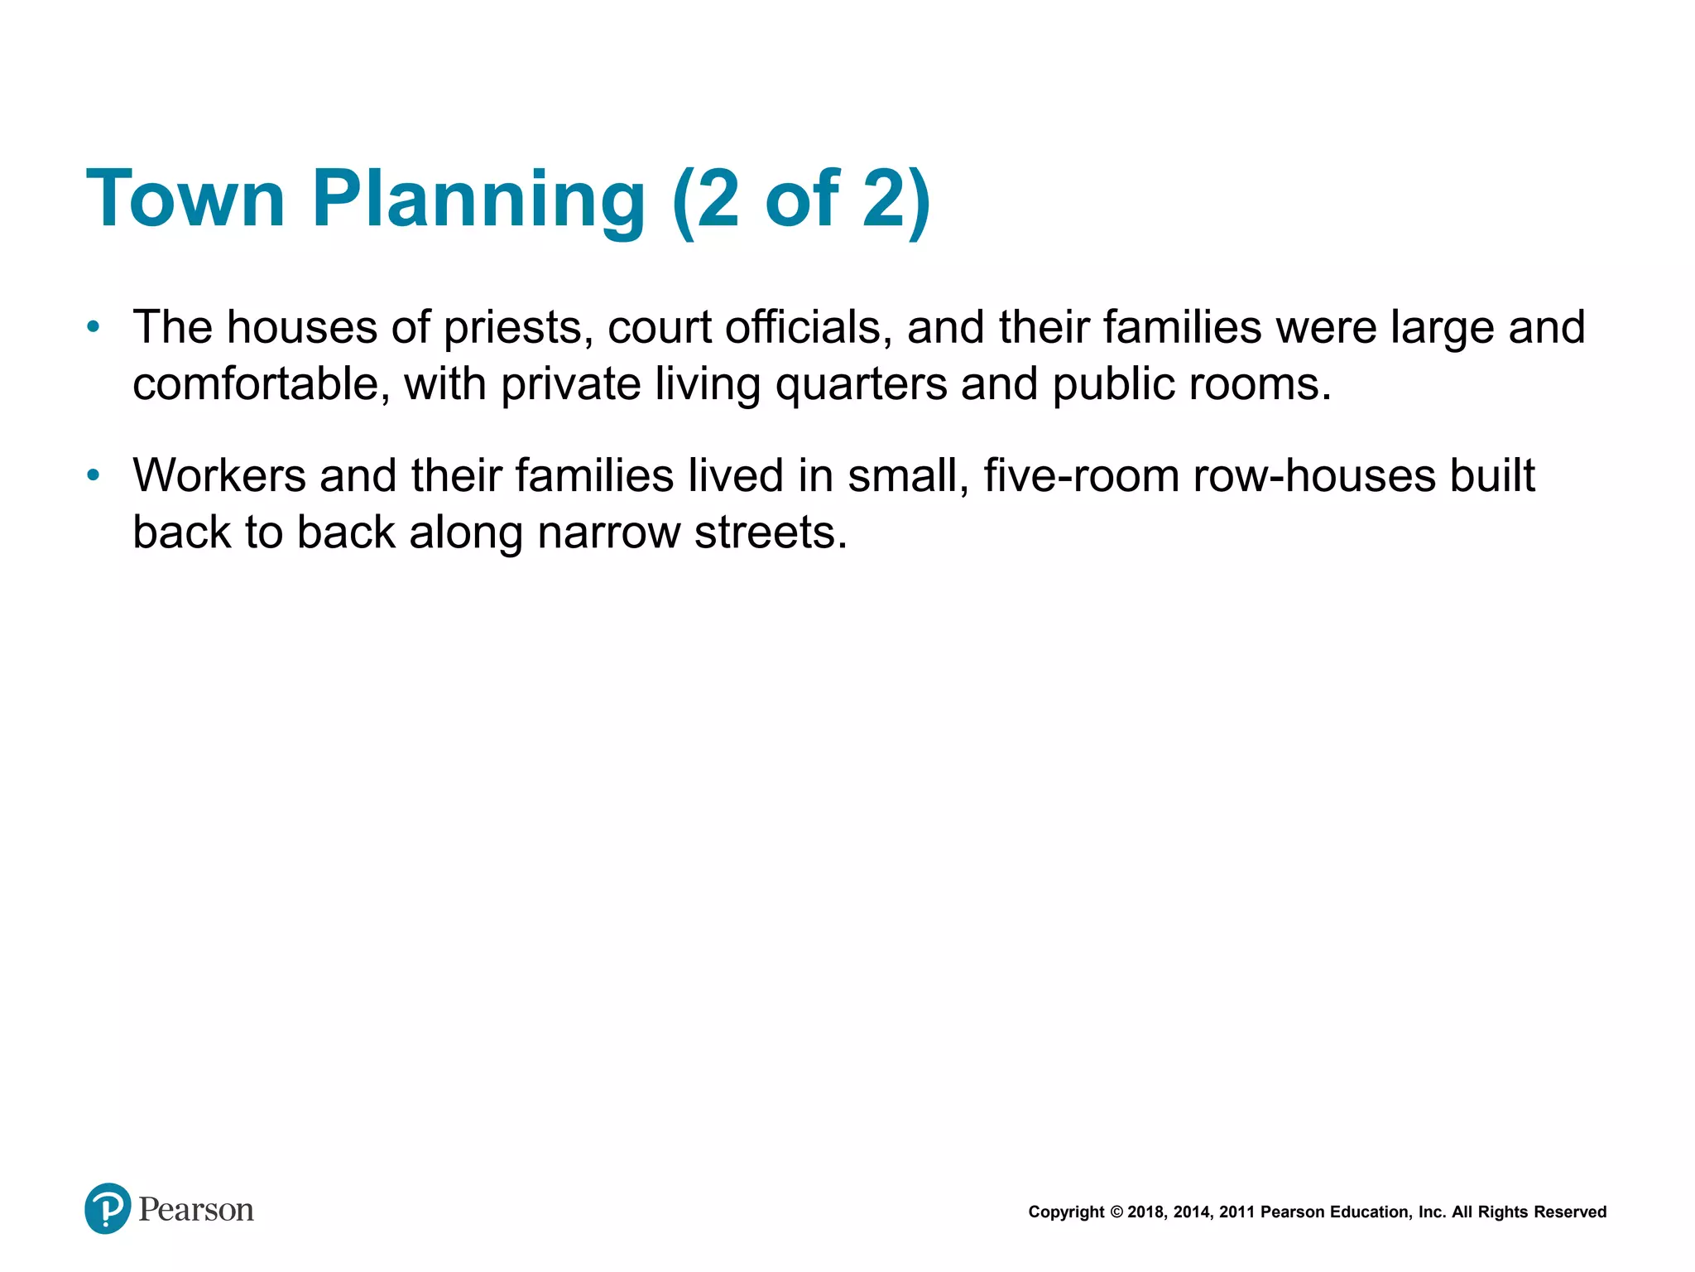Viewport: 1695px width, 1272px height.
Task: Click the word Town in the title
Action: point(185,199)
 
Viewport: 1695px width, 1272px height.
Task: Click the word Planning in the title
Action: point(478,199)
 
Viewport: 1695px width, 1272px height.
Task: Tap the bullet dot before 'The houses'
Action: point(94,327)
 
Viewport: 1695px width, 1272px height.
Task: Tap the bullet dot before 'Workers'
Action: point(94,475)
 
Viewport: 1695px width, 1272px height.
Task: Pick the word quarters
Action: point(861,386)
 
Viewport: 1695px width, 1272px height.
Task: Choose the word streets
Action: point(771,532)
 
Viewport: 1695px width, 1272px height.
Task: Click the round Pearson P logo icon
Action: point(108,1208)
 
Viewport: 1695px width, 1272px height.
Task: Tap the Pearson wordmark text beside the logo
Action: point(196,1210)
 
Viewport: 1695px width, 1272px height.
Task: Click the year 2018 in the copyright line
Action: point(1145,1212)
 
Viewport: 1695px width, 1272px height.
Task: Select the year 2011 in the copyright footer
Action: point(1236,1212)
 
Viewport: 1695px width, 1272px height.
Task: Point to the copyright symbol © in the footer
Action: point(1116,1212)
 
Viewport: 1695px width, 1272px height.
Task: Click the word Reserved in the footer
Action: point(1570,1212)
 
